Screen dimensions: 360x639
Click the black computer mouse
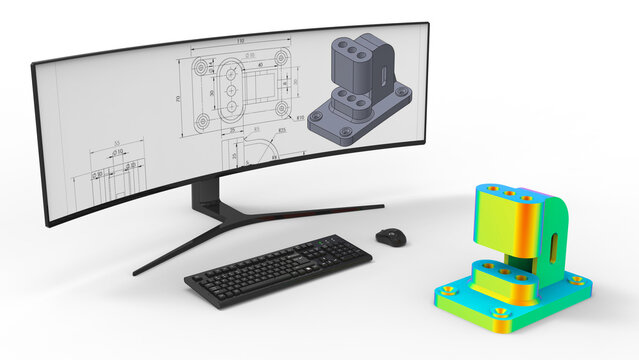click(x=391, y=236)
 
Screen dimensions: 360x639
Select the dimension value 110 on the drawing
click(x=240, y=40)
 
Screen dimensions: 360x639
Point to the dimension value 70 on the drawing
click(x=177, y=99)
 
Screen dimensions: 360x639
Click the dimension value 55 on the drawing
click(x=117, y=143)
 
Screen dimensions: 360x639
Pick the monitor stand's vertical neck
click(x=208, y=193)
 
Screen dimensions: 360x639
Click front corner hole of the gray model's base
click(x=347, y=129)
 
